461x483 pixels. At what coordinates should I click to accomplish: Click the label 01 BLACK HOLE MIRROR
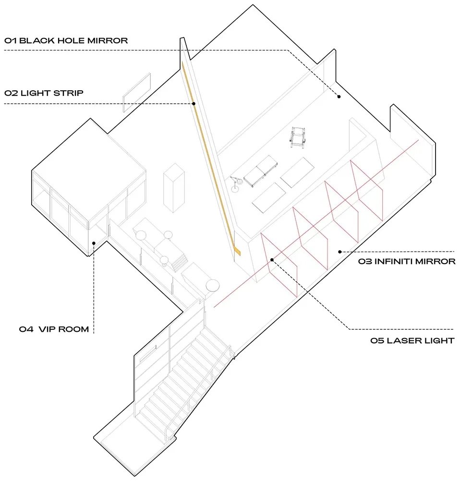tap(66, 41)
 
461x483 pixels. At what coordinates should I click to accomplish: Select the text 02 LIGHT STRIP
tap(44, 93)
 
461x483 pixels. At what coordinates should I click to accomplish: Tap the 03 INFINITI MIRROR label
tap(407, 262)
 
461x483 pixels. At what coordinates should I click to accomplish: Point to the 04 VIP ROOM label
tap(54, 329)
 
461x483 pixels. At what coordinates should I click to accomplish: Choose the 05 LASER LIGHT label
tap(412, 341)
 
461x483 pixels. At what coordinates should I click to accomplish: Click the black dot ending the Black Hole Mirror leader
tap(339, 97)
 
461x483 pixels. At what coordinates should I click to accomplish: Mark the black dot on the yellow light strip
tap(194, 104)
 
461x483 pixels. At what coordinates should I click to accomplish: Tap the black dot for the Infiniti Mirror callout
tap(340, 252)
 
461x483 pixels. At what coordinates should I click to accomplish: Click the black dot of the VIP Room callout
tap(94, 243)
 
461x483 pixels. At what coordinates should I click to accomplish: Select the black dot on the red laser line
tap(272, 260)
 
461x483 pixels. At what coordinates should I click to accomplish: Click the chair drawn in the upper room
tap(298, 137)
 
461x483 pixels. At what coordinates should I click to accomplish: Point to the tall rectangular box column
tap(174, 188)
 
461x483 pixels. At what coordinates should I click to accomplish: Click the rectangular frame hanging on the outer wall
tap(137, 92)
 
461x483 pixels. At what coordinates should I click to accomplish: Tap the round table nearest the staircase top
tap(213, 285)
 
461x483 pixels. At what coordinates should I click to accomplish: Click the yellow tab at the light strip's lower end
tap(237, 251)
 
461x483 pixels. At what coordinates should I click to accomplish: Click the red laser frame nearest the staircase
tap(279, 265)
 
